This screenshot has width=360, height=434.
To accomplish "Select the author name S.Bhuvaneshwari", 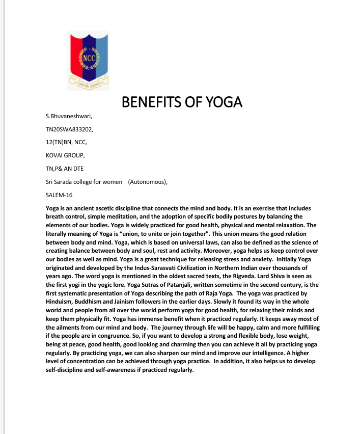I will tap(69, 117).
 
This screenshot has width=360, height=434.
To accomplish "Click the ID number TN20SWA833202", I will tap(70, 130).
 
